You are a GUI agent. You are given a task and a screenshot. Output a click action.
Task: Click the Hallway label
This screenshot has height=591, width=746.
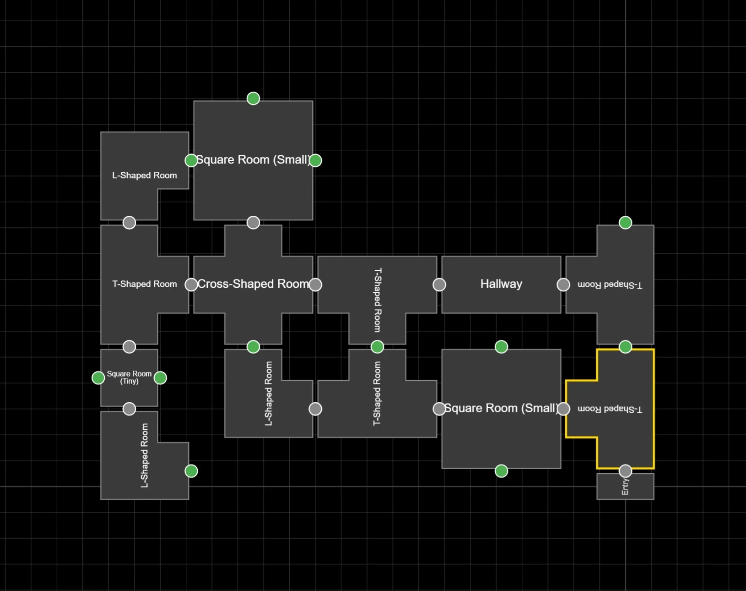pyautogui.click(x=501, y=284)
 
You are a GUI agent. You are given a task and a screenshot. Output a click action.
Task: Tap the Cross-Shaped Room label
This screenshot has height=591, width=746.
pyautogui.click(x=253, y=284)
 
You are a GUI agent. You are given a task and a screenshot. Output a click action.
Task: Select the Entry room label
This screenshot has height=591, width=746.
pyautogui.click(x=625, y=487)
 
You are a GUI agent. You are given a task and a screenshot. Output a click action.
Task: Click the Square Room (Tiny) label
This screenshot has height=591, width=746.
pyautogui.click(x=129, y=378)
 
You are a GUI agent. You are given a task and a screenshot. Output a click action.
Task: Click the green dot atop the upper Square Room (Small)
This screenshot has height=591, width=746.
pyautogui.click(x=253, y=98)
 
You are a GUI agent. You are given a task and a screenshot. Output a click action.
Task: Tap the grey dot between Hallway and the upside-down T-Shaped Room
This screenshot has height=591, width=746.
pyautogui.click(x=563, y=285)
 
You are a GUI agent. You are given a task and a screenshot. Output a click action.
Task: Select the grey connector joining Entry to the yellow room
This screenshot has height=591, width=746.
pyautogui.click(x=625, y=471)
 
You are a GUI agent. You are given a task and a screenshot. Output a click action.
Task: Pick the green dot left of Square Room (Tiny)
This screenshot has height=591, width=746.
pyautogui.click(x=98, y=378)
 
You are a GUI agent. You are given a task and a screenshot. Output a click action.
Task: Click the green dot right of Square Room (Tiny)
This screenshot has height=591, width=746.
pyautogui.click(x=160, y=378)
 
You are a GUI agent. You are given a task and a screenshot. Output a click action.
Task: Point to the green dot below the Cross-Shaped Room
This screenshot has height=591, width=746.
pyautogui.click(x=253, y=347)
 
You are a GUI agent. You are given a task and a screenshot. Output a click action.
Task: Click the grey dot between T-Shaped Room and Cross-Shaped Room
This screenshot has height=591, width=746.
pyautogui.click(x=191, y=285)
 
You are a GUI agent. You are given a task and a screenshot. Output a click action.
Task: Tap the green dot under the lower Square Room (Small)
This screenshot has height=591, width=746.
pyautogui.click(x=501, y=471)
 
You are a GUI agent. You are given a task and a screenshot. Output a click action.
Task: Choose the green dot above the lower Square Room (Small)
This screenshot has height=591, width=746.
pyautogui.click(x=501, y=347)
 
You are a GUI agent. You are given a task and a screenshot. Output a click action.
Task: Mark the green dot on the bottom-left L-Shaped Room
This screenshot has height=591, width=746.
pyautogui.click(x=191, y=471)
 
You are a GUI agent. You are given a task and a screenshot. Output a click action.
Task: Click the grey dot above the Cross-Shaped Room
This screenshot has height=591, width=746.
pyautogui.click(x=253, y=223)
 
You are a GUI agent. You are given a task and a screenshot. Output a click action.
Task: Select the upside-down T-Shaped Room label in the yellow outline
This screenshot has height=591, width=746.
pyautogui.click(x=610, y=409)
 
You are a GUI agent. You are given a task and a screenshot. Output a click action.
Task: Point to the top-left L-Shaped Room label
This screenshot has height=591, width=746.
pyautogui.click(x=145, y=175)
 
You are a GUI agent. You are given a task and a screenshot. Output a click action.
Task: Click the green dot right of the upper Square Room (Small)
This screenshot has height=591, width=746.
pyautogui.click(x=315, y=160)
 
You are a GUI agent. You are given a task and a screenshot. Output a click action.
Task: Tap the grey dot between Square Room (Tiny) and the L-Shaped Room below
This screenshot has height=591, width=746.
pyautogui.click(x=129, y=409)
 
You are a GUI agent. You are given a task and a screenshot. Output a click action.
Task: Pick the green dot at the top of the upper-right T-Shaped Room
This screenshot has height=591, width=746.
pyautogui.click(x=625, y=223)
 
